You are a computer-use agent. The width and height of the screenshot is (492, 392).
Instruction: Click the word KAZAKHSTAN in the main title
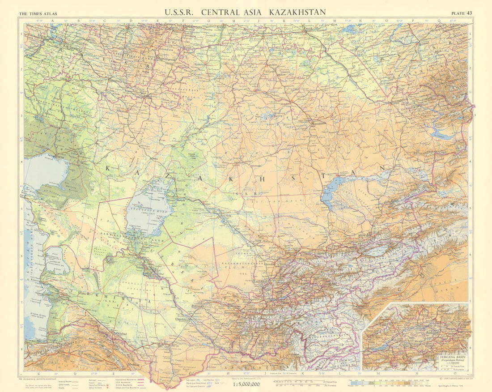297,12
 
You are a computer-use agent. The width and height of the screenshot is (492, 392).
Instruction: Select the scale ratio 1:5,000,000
246,383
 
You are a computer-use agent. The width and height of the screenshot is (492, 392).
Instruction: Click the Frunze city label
337,246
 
